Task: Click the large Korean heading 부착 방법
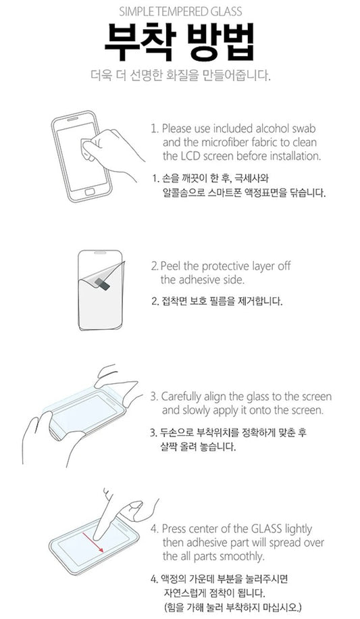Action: coord(180,43)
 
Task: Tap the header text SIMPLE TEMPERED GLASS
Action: coord(180,11)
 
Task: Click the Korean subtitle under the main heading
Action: coord(180,75)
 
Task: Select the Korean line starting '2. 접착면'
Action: coord(216,301)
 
